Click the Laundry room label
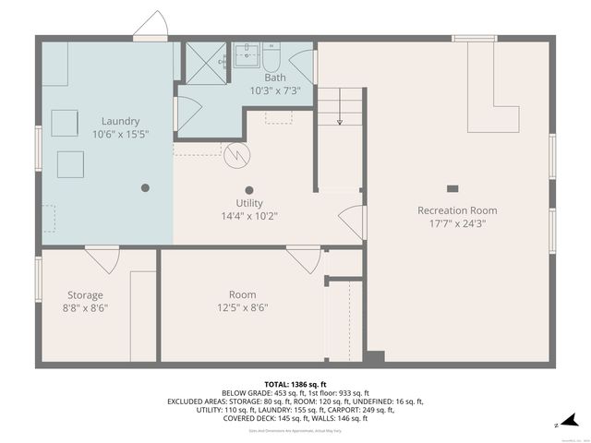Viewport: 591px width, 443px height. [120, 121]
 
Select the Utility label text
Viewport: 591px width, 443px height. [249, 203]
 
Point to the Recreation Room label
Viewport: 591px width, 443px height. [457, 210]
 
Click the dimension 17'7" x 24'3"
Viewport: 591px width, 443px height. [457, 223]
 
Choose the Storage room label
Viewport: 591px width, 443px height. [84, 295]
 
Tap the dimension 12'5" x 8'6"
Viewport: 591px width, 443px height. [243, 308]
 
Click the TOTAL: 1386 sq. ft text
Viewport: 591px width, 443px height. [295, 384]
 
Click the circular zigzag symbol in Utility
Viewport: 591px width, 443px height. [236, 155]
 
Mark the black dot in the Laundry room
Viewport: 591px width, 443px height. [145, 187]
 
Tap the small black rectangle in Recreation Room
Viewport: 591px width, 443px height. [452, 188]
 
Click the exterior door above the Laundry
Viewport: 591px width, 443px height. [150, 27]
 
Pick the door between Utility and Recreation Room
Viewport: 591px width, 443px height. [352, 221]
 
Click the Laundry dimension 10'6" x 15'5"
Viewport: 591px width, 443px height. [120, 134]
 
